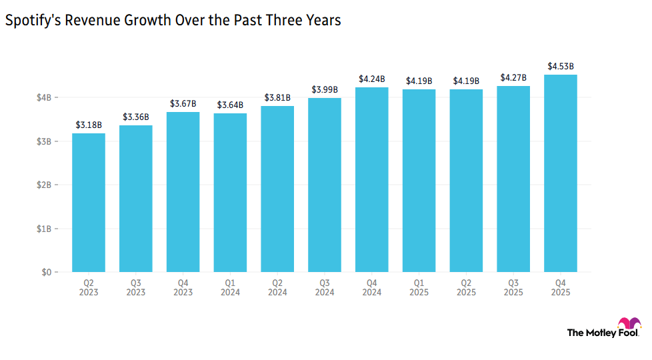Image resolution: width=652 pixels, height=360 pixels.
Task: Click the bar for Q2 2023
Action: [89, 203]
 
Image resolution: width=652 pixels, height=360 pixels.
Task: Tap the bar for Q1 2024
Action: [230, 193]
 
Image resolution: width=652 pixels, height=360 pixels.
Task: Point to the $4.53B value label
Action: [561, 66]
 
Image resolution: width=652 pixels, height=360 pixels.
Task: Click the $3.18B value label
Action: [89, 125]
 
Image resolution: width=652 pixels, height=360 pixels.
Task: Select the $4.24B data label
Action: [372, 79]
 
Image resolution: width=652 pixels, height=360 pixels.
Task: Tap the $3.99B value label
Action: [325, 89]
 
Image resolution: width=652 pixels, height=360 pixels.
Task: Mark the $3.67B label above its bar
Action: [183, 103]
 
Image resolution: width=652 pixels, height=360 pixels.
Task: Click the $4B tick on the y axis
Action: [43, 98]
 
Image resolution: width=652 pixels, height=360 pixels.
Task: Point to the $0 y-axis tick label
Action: [45, 273]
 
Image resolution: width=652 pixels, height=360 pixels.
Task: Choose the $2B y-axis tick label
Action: [43, 185]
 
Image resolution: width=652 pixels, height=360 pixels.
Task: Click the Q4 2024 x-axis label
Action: [372, 288]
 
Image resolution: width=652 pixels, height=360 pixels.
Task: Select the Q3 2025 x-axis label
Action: [513, 288]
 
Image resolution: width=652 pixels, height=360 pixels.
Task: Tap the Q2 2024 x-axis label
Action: [277, 288]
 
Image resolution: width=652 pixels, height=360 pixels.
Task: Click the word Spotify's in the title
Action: [32, 21]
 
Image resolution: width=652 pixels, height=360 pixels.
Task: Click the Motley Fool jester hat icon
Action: [629, 326]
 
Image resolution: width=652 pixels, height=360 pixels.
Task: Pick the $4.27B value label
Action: [513, 77]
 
